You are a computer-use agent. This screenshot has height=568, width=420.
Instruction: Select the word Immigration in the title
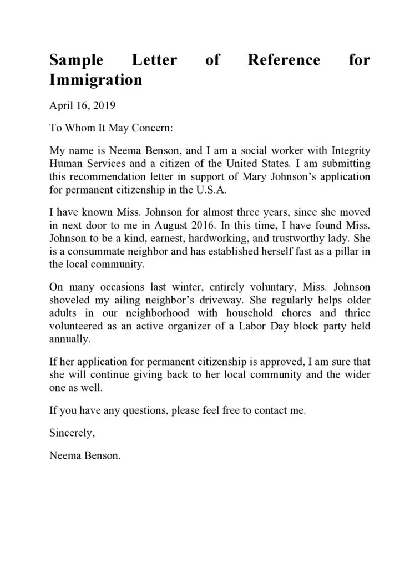pos(96,80)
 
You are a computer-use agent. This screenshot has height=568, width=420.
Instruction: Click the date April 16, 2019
pos(82,105)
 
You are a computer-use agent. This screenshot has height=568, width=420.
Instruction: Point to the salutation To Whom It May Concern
pos(112,128)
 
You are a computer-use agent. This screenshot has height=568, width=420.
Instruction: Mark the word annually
pos(69,338)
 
